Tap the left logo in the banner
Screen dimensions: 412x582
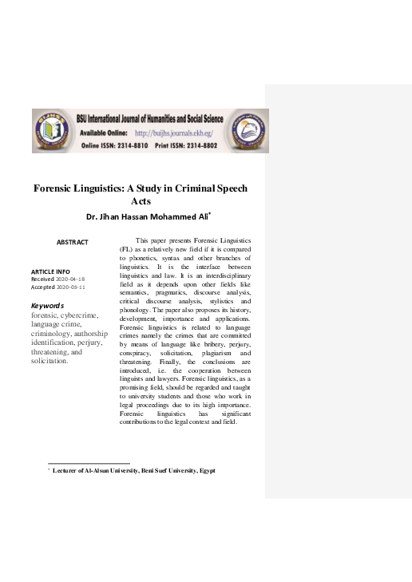[52, 129]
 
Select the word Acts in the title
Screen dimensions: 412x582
[141, 202]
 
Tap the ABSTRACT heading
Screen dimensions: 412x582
[72, 242]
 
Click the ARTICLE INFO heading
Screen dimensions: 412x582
[50, 272]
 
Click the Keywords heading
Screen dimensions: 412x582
[47, 306]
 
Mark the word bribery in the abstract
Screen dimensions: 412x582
[192, 343]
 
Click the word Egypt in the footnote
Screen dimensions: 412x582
[206, 471]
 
